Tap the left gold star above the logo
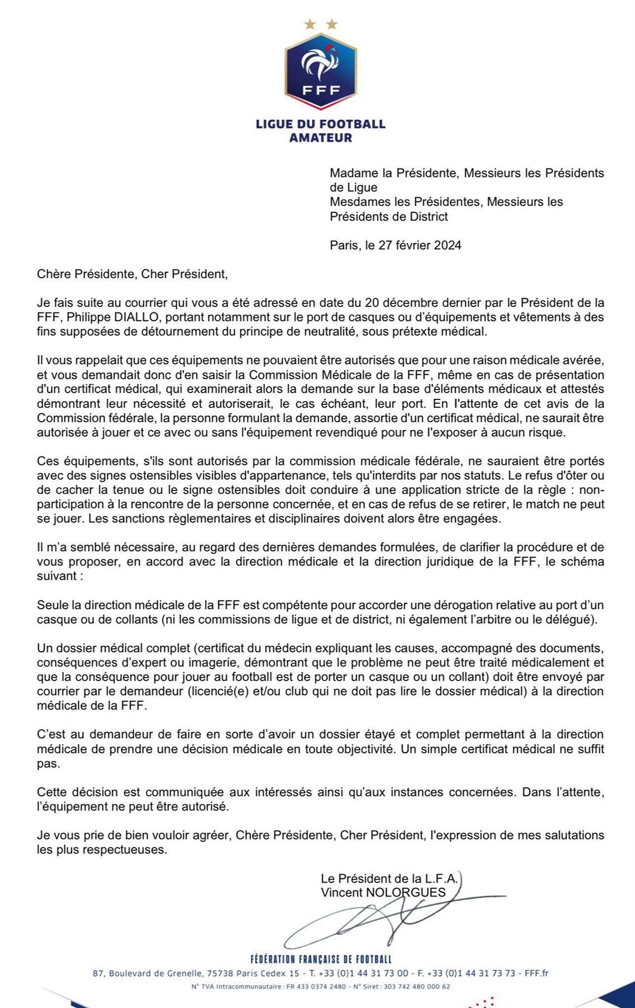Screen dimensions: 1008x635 [x=309, y=24]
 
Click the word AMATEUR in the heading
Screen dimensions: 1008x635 [x=320, y=138]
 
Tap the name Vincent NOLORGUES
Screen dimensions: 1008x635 [x=383, y=893]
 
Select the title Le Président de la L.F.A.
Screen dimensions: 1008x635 [x=389, y=879]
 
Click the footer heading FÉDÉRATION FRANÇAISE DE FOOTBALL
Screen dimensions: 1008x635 [x=321, y=959]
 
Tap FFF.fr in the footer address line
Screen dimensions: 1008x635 [x=536, y=973]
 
